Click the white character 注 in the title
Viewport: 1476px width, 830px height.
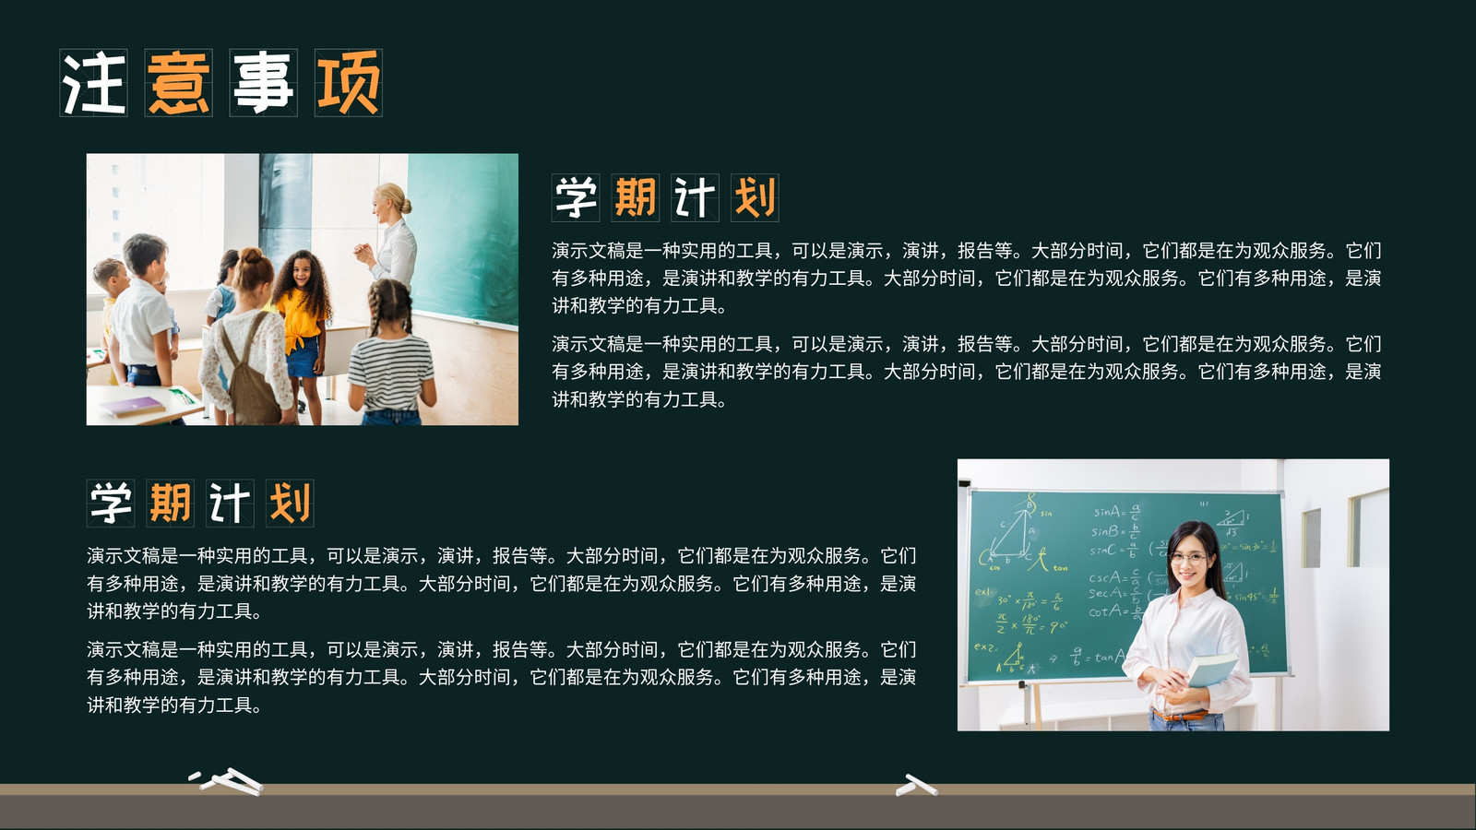click(93, 83)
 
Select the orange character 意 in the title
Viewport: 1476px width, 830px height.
click(179, 83)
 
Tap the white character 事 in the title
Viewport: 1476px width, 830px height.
click(263, 83)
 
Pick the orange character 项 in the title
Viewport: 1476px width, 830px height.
click(349, 83)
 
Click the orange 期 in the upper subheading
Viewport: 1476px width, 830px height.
click(636, 197)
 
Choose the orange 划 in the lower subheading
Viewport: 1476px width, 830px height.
click(290, 504)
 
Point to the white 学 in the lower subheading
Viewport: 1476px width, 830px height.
click(111, 504)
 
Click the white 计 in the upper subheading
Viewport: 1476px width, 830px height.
click(695, 197)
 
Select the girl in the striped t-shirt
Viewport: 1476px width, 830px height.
click(391, 352)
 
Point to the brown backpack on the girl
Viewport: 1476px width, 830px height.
click(248, 375)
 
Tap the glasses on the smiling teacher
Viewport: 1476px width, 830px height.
click(1188, 559)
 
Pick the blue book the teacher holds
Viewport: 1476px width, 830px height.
click(1211, 670)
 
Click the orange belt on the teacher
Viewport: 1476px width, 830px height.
click(1180, 715)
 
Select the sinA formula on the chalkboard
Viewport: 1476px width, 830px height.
click(1116, 512)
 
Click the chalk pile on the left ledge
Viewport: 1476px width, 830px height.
click(227, 781)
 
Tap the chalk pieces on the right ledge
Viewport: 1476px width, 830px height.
click(917, 785)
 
